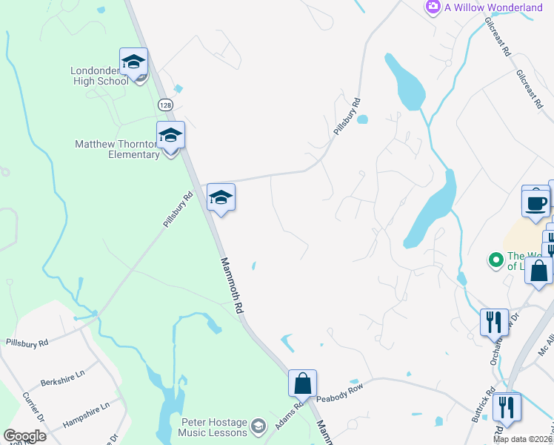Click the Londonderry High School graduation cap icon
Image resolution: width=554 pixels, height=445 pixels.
[x=134, y=62]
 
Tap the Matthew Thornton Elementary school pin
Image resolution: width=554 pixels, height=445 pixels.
[x=170, y=135]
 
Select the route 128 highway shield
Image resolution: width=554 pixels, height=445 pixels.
[x=165, y=105]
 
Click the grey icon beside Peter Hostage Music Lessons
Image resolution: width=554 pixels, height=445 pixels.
[x=258, y=426]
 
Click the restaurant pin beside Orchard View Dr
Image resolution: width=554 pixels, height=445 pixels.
[x=494, y=322]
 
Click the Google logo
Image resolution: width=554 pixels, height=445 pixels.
[x=24, y=436]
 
